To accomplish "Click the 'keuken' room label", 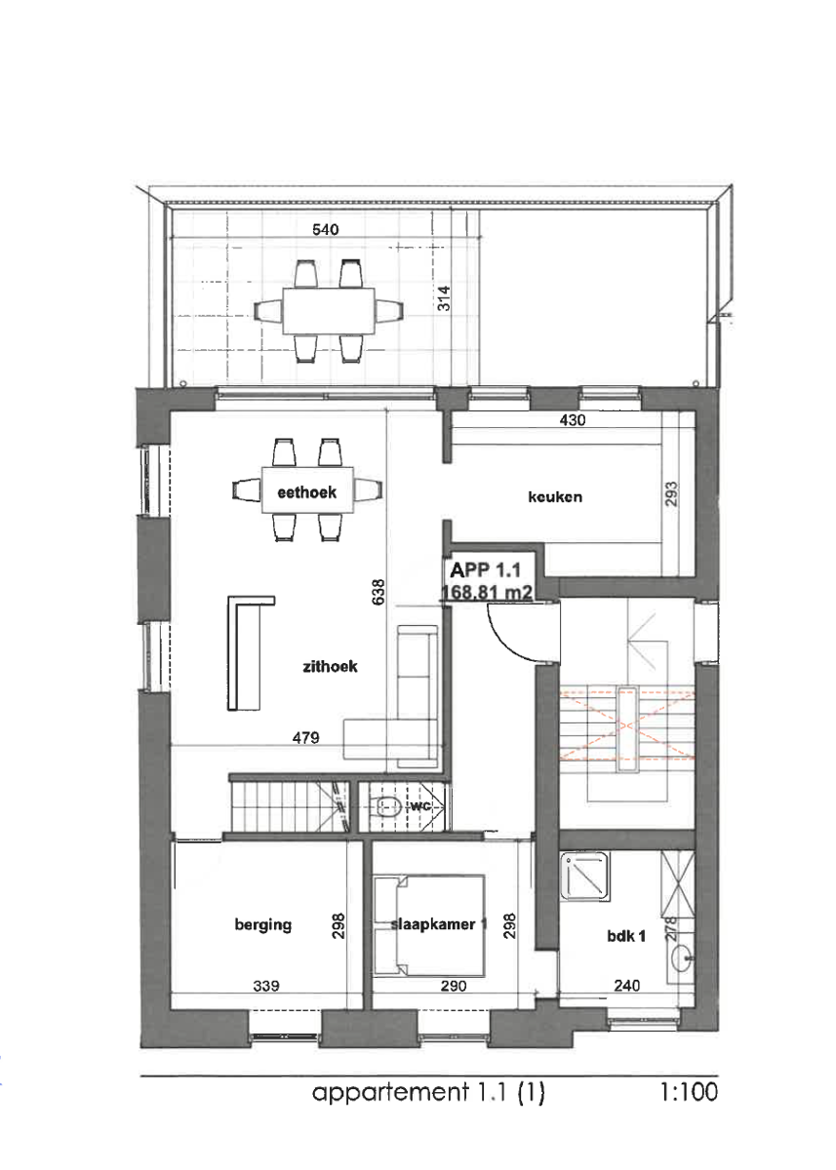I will [x=554, y=496].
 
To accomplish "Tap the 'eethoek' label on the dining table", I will [x=306, y=493].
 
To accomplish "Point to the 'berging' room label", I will [x=262, y=925].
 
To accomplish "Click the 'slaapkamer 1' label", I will [x=439, y=925].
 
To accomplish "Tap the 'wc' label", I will [x=419, y=806].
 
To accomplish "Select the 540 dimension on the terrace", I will [x=325, y=230].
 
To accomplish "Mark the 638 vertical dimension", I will [x=378, y=592].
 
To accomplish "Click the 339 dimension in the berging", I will [x=265, y=986].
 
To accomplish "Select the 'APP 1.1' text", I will [x=484, y=570].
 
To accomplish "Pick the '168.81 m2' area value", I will [x=485, y=592].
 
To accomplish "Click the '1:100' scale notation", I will [x=689, y=1094].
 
